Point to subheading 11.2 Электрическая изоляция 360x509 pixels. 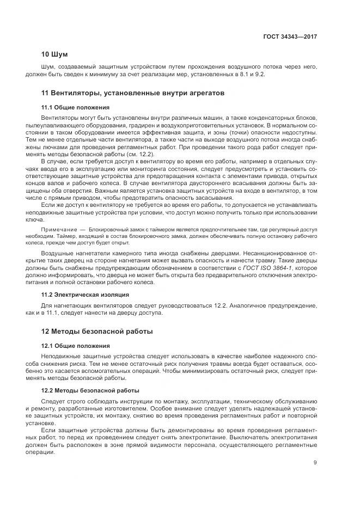click(85, 295)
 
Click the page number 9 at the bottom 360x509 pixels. click(315, 463)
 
